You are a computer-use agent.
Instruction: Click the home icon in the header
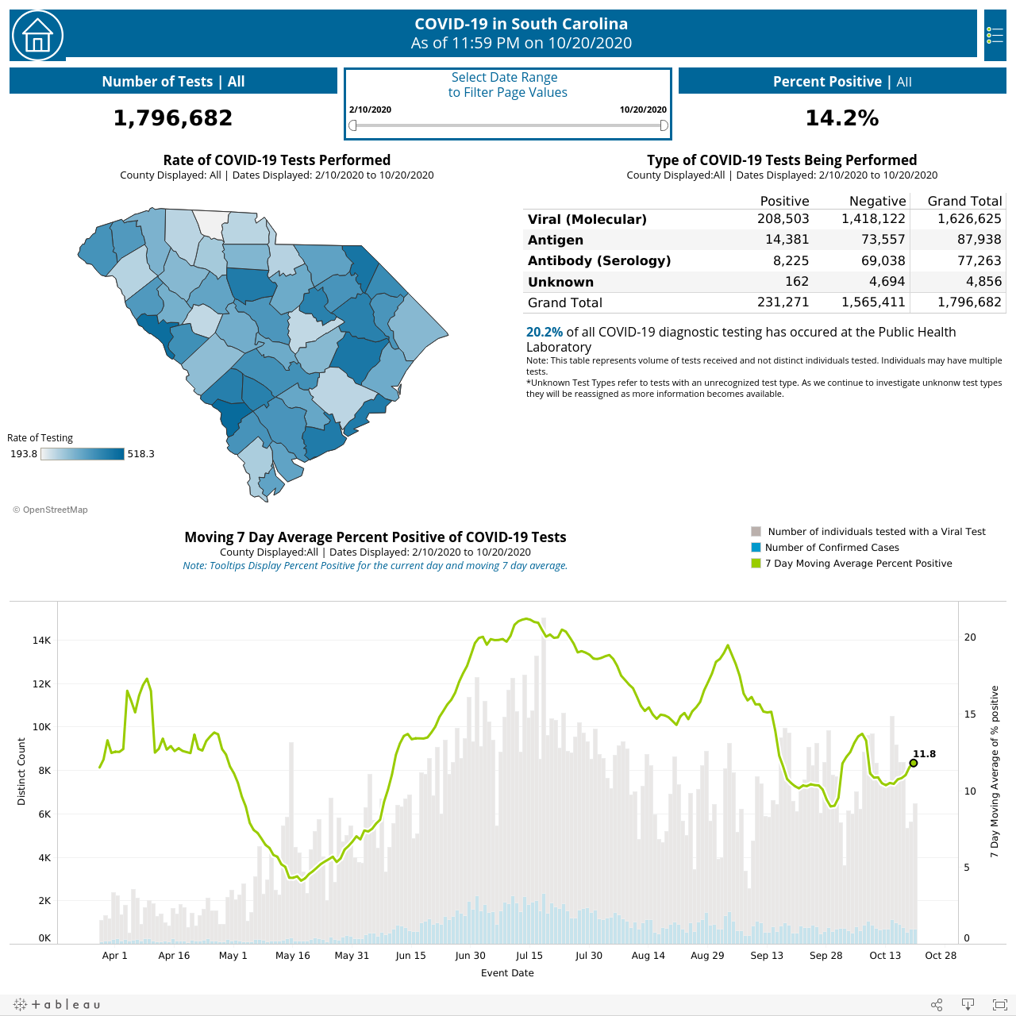(37, 36)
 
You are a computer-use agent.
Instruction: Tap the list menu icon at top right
(995, 36)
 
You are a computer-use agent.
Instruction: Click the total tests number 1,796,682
(173, 117)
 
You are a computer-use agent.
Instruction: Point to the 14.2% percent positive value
(842, 117)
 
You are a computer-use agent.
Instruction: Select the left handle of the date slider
(352, 125)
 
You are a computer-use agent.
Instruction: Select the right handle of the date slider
(664, 125)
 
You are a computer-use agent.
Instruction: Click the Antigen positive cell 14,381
(787, 240)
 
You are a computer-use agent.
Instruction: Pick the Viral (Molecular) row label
(587, 219)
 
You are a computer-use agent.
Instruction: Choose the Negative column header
(877, 201)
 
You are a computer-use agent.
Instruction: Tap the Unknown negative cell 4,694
(887, 282)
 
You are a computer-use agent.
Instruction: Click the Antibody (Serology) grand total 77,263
(979, 260)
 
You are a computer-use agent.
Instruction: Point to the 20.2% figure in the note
(545, 332)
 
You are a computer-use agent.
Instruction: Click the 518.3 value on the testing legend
(140, 454)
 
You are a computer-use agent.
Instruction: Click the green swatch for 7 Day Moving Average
(756, 563)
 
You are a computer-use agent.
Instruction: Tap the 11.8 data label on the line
(924, 754)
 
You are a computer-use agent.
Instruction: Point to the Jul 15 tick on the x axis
(529, 956)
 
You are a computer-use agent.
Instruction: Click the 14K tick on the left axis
(41, 640)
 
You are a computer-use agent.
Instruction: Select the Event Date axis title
(507, 973)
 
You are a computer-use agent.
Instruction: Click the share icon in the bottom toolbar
(937, 1004)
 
